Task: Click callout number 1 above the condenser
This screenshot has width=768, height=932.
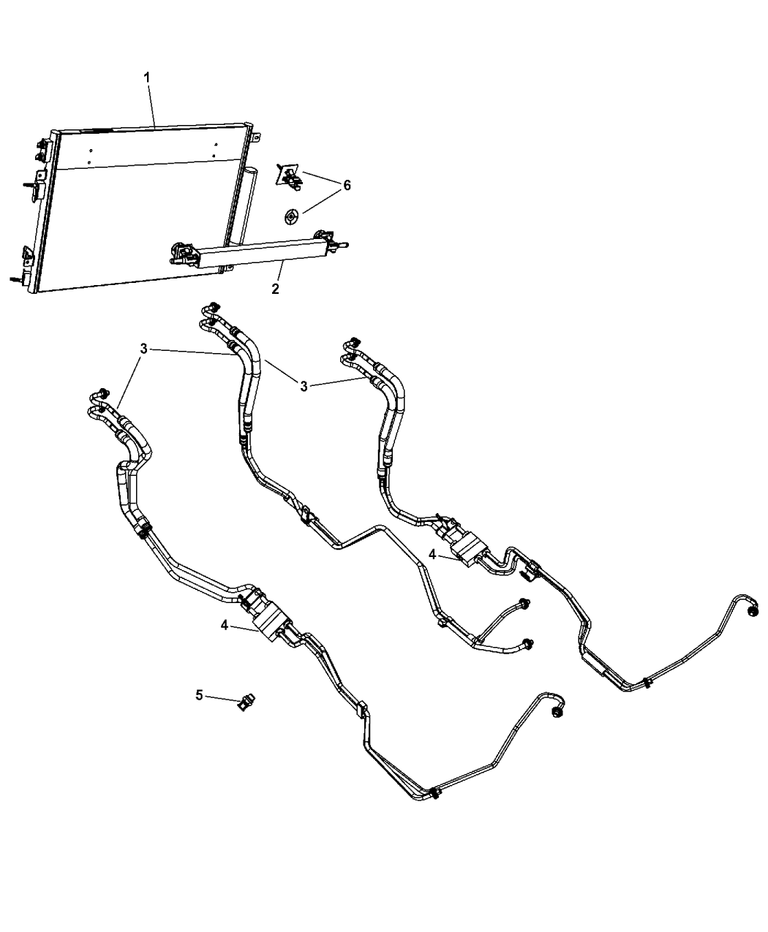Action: [146, 77]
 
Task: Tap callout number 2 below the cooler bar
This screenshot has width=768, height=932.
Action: [275, 289]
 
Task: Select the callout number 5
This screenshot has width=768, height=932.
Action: [199, 694]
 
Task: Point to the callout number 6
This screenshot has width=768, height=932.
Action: [347, 185]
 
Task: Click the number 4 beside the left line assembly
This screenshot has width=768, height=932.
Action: [225, 625]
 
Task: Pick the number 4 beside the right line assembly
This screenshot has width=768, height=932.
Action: [432, 554]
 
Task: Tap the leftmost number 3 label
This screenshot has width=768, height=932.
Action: [143, 349]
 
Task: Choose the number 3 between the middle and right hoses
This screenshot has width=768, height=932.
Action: [304, 386]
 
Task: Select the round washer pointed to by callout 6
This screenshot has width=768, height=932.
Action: [291, 218]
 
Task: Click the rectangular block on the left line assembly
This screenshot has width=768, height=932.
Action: [272, 623]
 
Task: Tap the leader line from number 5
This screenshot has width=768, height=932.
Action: [222, 700]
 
